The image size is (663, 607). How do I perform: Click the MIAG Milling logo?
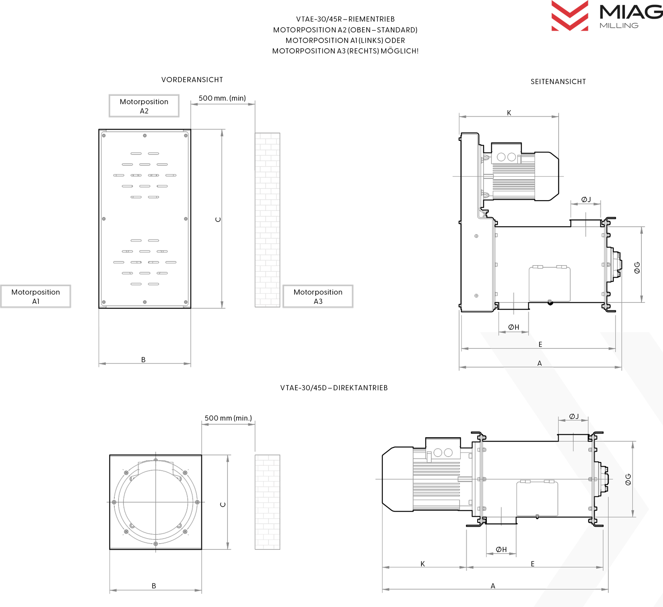click(x=607, y=17)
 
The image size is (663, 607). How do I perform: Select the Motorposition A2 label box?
click(x=144, y=106)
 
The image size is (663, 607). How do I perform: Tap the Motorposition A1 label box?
click(x=36, y=296)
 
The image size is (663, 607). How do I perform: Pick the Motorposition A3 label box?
click(x=318, y=296)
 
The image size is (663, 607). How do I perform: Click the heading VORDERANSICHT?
click(x=192, y=80)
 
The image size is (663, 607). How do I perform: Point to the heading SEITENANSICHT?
click(x=558, y=82)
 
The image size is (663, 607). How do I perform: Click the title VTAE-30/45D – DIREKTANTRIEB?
click(x=334, y=388)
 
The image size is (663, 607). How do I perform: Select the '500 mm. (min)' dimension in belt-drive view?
click(x=222, y=98)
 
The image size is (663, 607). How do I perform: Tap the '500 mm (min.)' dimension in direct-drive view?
click(x=228, y=418)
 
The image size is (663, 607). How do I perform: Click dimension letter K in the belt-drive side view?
click(x=509, y=113)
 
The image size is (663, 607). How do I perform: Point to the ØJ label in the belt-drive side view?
click(x=586, y=200)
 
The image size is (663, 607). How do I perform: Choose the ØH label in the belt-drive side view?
click(x=513, y=327)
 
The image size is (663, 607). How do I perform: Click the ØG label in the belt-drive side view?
click(x=637, y=268)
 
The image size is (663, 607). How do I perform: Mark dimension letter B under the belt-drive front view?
click(x=143, y=360)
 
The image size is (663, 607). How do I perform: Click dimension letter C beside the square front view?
click(x=223, y=504)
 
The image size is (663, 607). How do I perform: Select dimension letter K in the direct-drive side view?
click(x=423, y=563)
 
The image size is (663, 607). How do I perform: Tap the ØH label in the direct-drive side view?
click(x=501, y=549)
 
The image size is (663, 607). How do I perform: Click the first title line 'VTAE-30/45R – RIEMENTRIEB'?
click(x=345, y=19)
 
